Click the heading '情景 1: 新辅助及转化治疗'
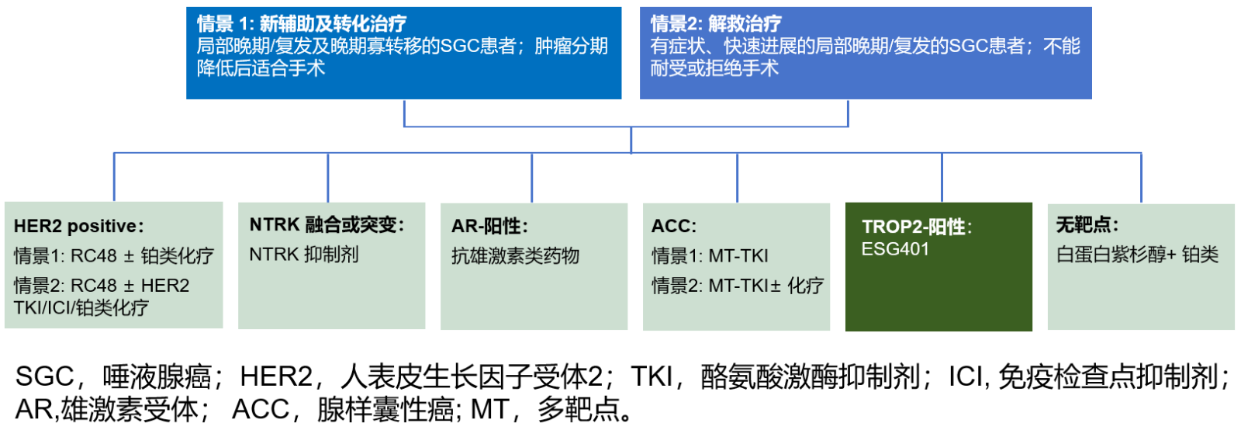tap(302, 24)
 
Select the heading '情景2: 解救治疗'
tap(716, 24)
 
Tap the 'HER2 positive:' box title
tap(78, 226)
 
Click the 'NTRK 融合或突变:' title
tap(327, 224)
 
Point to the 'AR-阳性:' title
tap(489, 226)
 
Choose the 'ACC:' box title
tap(674, 226)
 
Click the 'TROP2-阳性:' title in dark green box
tap(917, 227)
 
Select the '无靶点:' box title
tap(1087, 224)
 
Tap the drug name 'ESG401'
tap(895, 249)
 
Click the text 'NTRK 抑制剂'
tap(304, 255)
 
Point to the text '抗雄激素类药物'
tap(515, 256)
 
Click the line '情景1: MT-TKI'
tap(710, 256)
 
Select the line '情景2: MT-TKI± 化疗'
tap(738, 286)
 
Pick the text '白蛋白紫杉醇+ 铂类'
tap(1137, 255)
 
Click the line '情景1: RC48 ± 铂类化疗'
tap(113, 256)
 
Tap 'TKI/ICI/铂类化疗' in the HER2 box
tap(81, 307)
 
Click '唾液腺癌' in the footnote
tap(157, 376)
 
